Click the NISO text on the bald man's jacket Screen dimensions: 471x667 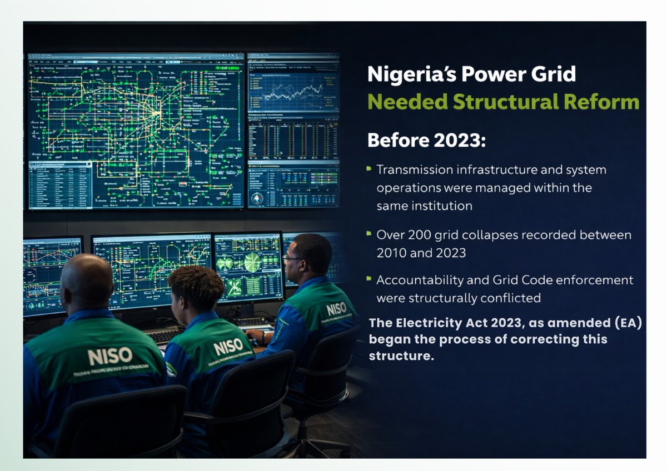(110, 355)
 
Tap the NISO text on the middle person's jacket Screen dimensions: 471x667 (228, 347)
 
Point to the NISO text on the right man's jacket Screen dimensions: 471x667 (336, 308)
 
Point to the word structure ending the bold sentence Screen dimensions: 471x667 (400, 356)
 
